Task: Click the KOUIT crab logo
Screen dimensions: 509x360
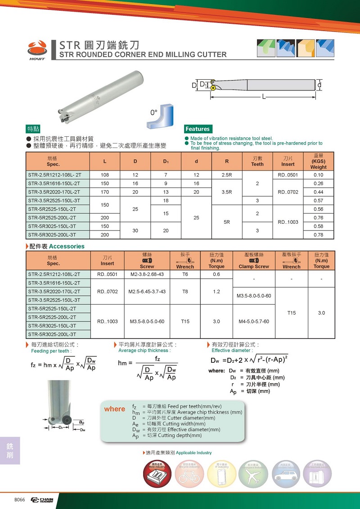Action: pyautogui.click(x=37, y=47)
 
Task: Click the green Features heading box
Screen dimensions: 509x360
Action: pyautogui.click(x=198, y=129)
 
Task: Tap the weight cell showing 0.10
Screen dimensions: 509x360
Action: pyautogui.click(x=318, y=175)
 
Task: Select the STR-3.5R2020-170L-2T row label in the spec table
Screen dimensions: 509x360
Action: pyautogui.click(x=54, y=192)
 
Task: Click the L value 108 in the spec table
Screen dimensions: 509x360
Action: pyautogui.click(x=105, y=175)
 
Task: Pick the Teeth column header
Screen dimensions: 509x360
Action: pyautogui.click(x=257, y=162)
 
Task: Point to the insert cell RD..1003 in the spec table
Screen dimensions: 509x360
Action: pyautogui.click(x=288, y=222)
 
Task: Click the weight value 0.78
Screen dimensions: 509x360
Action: pyautogui.click(x=318, y=235)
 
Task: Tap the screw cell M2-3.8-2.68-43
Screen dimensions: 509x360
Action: pyautogui.click(x=147, y=274)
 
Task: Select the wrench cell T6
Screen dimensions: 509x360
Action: pyautogui.click(x=185, y=274)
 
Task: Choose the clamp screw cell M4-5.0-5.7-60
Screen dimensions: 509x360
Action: pyautogui.click(x=254, y=321)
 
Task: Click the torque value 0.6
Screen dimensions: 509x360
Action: pyautogui.click(x=216, y=274)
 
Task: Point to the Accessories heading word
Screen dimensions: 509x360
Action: pyautogui.click(x=67, y=246)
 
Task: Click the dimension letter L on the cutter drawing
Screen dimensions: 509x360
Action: pyautogui.click(x=264, y=97)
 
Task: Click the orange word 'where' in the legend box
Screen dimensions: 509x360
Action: pyautogui.click(x=115, y=409)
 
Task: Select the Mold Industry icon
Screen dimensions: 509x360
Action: pyautogui.click(x=157, y=473)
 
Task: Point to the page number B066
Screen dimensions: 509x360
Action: pyautogui.click(x=20, y=500)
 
